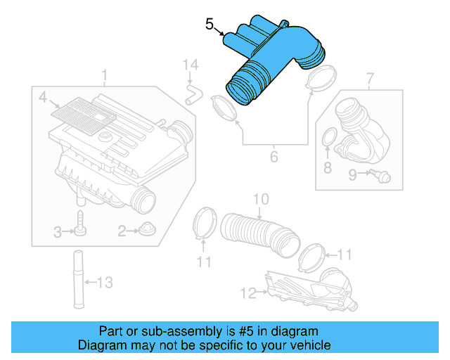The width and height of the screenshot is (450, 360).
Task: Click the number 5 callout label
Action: click(210, 24)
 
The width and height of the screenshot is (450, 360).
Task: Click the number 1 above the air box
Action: click(104, 75)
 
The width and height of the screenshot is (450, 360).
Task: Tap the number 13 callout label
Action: click(103, 283)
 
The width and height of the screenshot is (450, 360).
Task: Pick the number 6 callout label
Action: click(274, 157)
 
